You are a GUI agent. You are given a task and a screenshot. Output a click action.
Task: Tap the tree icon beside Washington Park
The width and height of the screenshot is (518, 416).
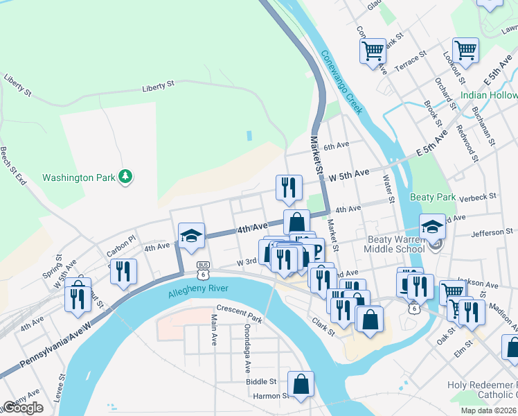(125, 177)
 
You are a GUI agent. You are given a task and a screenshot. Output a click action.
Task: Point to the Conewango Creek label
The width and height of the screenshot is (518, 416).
(342, 83)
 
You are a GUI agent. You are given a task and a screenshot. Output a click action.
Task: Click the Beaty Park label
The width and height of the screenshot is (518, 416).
(433, 197)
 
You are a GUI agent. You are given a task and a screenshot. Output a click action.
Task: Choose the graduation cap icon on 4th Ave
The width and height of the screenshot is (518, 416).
(191, 236)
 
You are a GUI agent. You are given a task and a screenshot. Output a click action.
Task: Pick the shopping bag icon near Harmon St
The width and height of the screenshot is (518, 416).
(301, 384)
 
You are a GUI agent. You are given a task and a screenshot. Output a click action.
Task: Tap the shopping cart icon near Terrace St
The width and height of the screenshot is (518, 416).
(373, 50)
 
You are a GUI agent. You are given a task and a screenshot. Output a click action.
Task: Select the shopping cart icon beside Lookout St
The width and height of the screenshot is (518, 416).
(465, 50)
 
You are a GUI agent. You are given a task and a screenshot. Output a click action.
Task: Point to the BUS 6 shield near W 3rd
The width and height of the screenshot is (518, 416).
(203, 266)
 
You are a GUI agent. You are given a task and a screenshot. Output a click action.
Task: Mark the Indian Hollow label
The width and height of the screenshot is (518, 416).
(489, 95)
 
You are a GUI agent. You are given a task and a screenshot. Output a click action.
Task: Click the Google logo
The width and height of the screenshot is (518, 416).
(23, 408)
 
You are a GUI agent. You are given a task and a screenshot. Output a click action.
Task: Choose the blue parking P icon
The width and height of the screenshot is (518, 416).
(316, 251)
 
